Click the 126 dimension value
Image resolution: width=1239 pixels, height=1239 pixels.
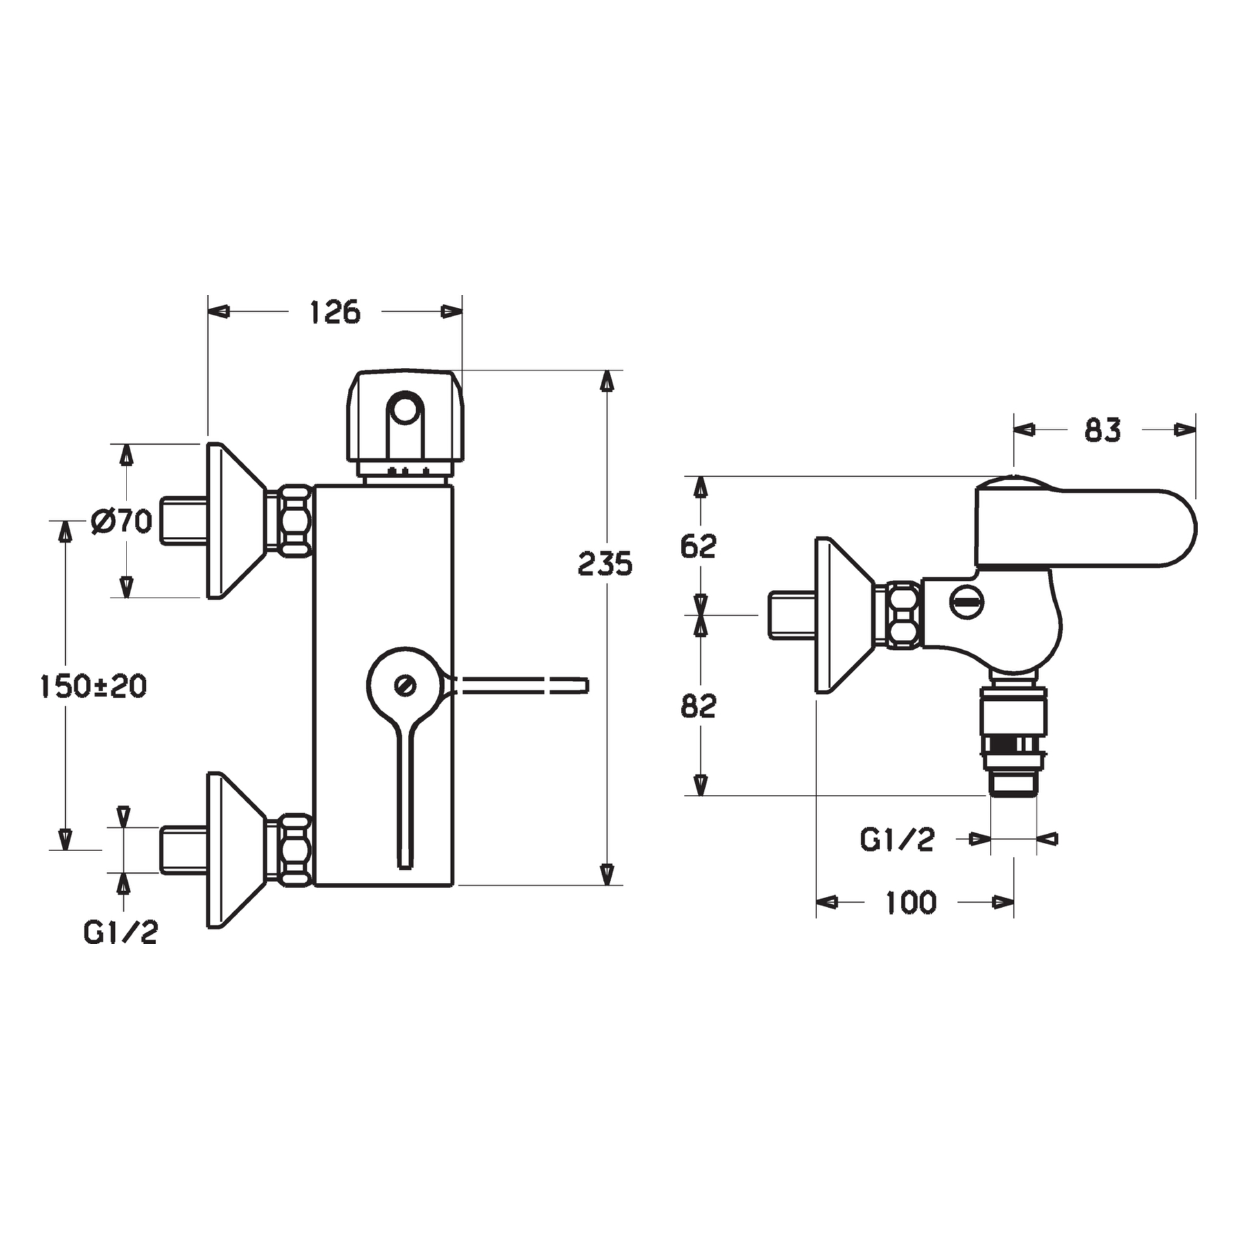pos(335,312)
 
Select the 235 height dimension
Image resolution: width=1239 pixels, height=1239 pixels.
pos(605,563)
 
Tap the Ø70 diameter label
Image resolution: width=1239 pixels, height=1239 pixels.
pos(122,521)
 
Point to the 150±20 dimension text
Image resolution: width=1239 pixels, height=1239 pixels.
pos(94,686)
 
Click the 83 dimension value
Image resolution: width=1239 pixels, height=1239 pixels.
pos(1103,430)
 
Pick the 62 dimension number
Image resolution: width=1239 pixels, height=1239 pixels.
pos(698,546)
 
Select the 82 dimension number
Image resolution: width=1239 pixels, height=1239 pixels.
pos(698,706)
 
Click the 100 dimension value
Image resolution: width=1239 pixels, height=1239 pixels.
pos(911,902)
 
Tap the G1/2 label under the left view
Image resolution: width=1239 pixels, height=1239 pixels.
pos(121,932)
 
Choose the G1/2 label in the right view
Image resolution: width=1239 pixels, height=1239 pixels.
pos(897,840)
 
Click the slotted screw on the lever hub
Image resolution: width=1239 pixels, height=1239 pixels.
pos(407,685)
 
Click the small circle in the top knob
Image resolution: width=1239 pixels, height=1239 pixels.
pos(405,409)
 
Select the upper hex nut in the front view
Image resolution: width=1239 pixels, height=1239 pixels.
pos(294,520)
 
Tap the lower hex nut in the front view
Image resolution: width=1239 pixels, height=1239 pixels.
pos(294,849)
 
